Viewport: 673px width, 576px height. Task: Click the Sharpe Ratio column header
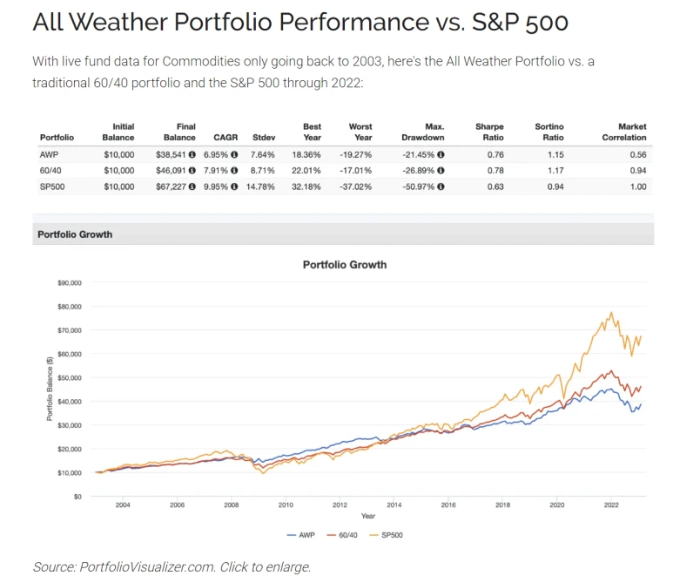point(489,132)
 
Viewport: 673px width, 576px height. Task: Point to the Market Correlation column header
point(624,132)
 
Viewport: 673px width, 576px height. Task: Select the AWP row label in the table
point(50,153)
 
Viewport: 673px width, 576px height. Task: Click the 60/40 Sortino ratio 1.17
point(552,169)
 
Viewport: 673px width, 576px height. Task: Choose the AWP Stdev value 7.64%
point(263,153)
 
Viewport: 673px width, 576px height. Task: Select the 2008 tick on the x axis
point(231,505)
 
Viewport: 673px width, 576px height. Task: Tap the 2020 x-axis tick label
point(556,505)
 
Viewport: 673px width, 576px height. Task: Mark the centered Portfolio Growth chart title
point(345,264)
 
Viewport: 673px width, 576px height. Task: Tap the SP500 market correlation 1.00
point(636,185)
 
